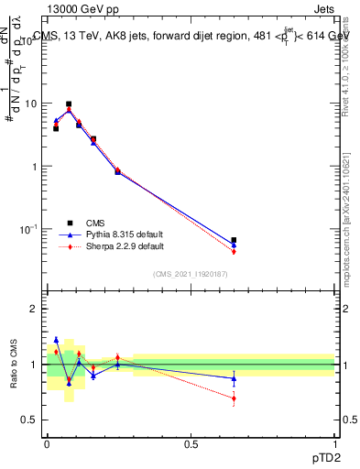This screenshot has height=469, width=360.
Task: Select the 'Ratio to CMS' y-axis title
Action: pos(13,365)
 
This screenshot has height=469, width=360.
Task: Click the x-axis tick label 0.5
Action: pos(191,445)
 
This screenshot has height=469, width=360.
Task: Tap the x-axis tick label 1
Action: pos(334,445)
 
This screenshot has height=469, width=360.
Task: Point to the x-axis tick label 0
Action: pos(47,445)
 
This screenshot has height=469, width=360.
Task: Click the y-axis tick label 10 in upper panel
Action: pos(32,104)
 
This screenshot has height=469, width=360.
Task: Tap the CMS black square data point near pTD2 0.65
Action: pos(234,240)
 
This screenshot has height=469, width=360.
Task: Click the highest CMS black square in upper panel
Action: pos(69,104)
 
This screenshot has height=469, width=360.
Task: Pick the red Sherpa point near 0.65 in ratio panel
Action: pos(234,398)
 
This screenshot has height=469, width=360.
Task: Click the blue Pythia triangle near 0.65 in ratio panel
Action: pos(234,378)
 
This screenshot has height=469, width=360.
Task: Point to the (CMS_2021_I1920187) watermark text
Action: pos(191,273)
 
